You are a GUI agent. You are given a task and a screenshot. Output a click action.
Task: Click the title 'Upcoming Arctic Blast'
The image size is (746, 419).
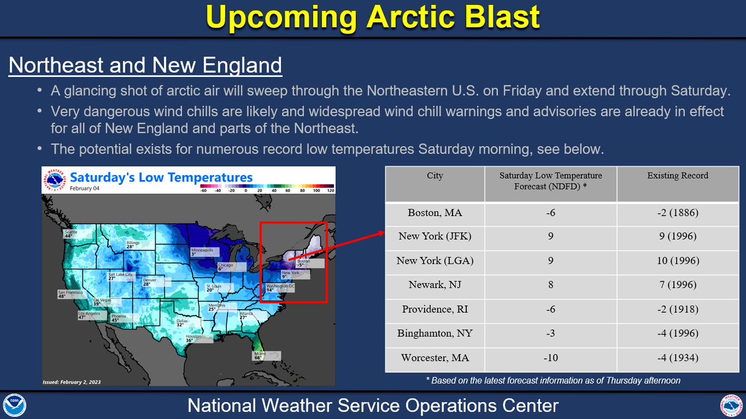coord(372,18)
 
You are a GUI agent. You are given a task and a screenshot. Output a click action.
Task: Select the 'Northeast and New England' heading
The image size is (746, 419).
coord(145,65)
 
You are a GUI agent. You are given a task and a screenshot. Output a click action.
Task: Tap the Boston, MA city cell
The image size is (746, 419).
coord(435,213)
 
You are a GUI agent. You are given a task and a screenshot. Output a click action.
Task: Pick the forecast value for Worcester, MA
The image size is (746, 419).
coord(550,358)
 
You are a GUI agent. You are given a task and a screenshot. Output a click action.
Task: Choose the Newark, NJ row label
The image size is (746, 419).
coord(435,285)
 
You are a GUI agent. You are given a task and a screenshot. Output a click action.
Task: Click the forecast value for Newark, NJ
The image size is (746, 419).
coord(550,285)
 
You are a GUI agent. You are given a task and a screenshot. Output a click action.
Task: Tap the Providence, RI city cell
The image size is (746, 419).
coord(435,309)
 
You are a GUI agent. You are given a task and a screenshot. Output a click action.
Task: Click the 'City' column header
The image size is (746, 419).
coord(435,176)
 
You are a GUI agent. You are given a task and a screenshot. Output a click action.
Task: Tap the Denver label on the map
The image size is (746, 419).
coord(150,282)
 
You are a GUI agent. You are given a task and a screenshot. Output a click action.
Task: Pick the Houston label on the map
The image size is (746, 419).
coord(194,338)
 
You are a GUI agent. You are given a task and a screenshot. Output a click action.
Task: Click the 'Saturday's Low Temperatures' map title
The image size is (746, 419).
coord(162,178)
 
